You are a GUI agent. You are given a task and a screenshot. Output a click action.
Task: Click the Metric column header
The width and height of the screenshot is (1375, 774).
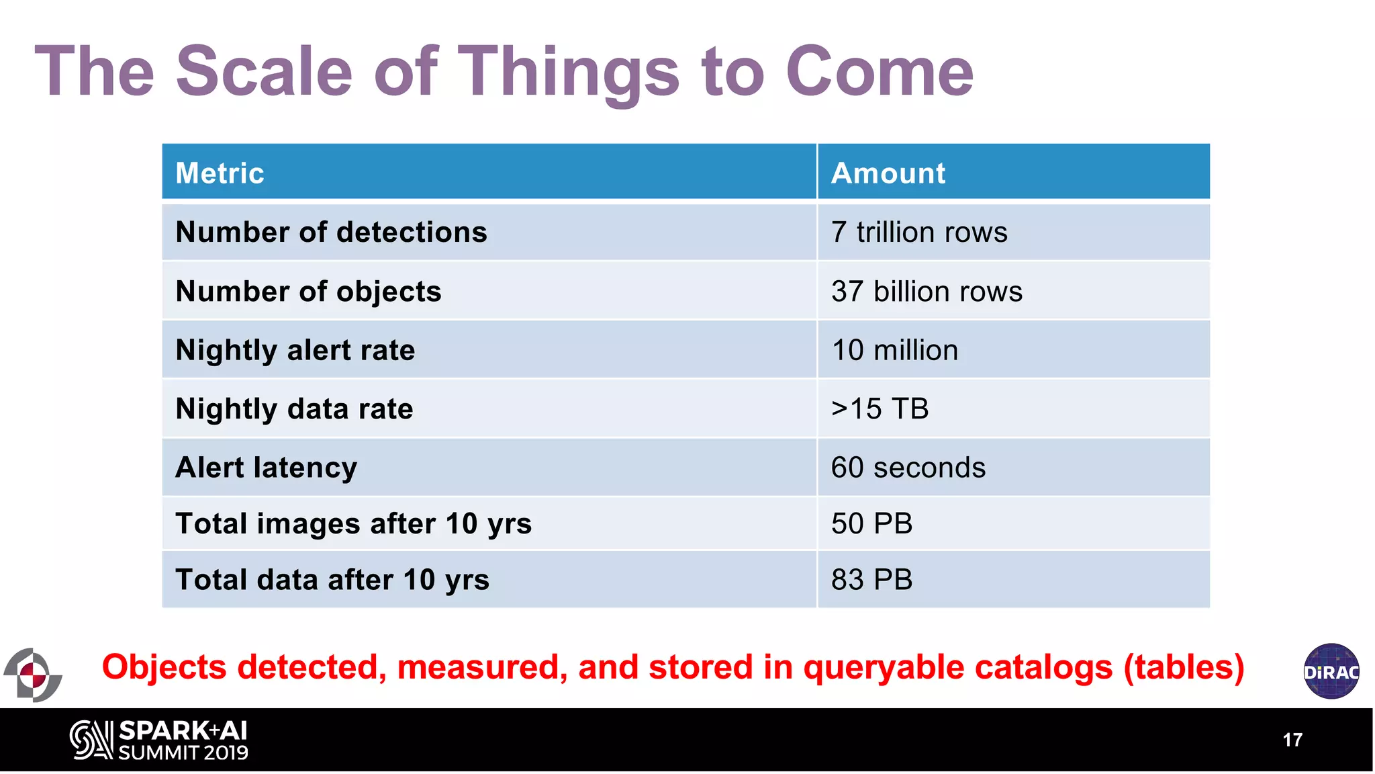tap(220, 173)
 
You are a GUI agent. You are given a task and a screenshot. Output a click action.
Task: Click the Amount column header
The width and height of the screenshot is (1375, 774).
tap(888, 173)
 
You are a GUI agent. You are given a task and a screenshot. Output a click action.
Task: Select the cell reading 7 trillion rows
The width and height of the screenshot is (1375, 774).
tap(919, 232)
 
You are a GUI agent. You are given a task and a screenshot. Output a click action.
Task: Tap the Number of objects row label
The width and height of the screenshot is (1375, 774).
tap(308, 292)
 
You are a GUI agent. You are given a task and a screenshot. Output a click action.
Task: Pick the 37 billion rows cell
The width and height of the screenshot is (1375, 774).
tap(927, 292)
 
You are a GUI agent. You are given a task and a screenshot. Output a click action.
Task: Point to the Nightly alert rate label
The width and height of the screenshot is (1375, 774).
tap(295, 350)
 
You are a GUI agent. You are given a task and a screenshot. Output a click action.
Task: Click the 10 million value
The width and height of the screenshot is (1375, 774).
tap(894, 350)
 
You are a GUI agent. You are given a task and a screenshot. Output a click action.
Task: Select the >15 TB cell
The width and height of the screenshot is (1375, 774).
tap(880, 408)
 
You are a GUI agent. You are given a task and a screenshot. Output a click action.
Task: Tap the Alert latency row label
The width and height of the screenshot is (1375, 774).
tap(266, 468)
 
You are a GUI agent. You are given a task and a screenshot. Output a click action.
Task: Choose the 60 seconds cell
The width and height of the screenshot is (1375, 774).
tap(908, 468)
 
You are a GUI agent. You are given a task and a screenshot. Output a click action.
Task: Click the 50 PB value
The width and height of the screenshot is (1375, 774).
tap(871, 523)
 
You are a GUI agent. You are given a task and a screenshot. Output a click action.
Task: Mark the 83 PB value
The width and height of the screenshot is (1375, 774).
tap(871, 580)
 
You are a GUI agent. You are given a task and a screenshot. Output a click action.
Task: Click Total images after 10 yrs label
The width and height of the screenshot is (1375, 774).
tap(353, 523)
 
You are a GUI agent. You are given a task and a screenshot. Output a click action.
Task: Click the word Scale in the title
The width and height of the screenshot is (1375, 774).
tap(264, 71)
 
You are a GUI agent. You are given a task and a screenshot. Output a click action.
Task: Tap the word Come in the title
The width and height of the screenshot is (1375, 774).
tap(880, 71)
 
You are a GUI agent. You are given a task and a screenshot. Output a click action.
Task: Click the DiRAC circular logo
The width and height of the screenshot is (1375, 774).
tap(1331, 671)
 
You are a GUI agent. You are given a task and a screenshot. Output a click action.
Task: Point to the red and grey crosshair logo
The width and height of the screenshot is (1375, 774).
tap(32, 675)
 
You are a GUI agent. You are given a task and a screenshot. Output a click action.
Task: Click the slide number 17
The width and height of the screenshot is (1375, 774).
tap(1292, 740)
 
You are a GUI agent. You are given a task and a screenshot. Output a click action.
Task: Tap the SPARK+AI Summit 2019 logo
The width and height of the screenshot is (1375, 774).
tap(159, 740)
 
